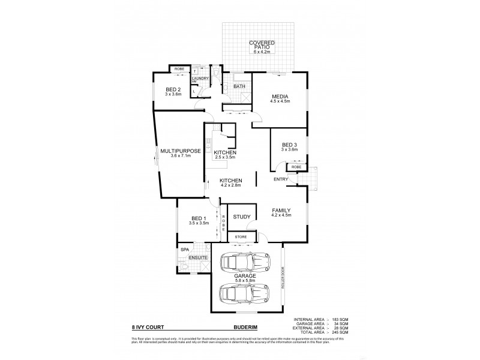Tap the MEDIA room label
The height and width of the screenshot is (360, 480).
coord(280,95)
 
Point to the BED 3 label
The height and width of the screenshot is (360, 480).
coord(289,145)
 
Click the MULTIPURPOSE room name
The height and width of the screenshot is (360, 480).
coord(180,151)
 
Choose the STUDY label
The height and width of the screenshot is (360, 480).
coord(242,217)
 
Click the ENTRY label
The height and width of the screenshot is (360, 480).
coord(281,179)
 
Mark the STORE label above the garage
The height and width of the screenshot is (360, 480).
coord(241,238)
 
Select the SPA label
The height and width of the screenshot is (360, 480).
coord(184,249)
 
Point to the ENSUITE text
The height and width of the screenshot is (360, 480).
coord(198,258)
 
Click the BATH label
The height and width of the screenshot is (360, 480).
coord(239,86)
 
